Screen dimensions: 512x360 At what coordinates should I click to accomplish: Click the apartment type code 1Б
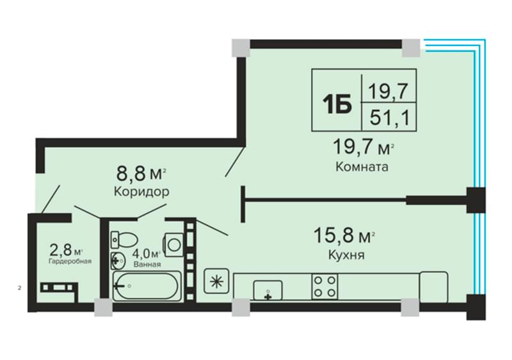click(x=337, y=104)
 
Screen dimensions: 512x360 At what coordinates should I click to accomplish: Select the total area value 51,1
click(x=389, y=118)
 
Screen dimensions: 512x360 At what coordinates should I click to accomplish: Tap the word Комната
click(x=362, y=167)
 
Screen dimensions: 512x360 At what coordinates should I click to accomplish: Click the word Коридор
click(x=141, y=192)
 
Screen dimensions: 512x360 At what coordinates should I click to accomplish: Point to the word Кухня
click(x=346, y=254)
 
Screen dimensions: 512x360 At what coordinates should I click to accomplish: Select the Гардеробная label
click(x=70, y=262)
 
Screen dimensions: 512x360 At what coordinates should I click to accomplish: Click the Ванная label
click(x=147, y=264)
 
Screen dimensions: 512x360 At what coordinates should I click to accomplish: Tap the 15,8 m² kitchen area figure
click(x=344, y=236)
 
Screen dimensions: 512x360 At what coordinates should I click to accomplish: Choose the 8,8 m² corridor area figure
click(x=141, y=174)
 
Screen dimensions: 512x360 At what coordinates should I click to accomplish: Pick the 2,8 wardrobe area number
click(x=60, y=250)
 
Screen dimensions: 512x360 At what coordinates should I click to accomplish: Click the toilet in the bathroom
click(x=124, y=240)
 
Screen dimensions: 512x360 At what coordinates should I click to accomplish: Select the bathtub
click(x=147, y=286)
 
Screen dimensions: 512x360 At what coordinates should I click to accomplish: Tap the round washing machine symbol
click(x=173, y=244)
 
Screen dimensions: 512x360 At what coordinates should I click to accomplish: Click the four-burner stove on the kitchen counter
click(x=324, y=286)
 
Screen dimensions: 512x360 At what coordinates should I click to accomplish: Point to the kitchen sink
click(x=268, y=290)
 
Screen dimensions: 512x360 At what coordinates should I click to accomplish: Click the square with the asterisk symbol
click(x=216, y=281)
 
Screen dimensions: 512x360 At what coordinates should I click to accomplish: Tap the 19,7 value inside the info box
click(x=388, y=91)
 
